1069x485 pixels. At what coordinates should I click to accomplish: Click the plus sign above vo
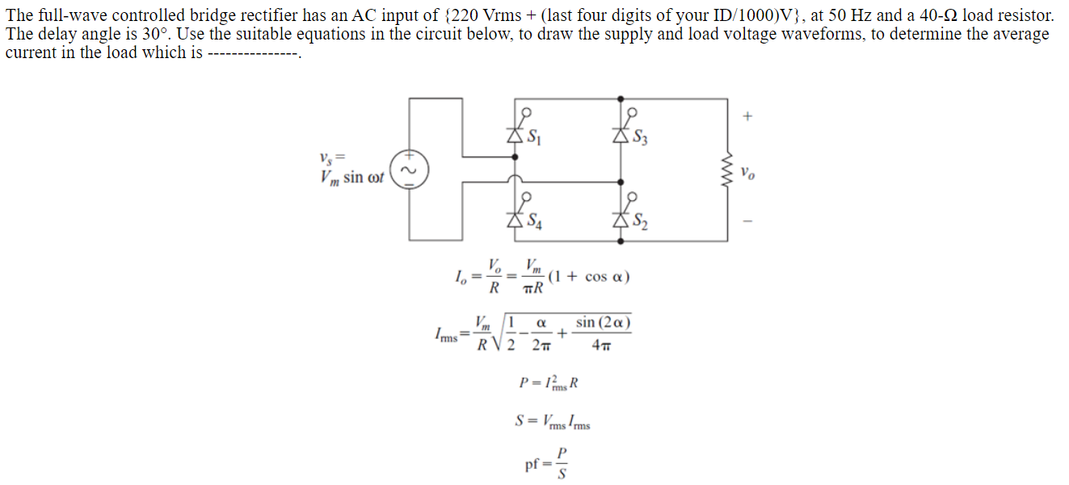(x=748, y=117)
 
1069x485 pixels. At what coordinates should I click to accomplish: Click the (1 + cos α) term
(x=589, y=277)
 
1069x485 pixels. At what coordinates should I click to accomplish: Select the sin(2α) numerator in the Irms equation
(x=602, y=324)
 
